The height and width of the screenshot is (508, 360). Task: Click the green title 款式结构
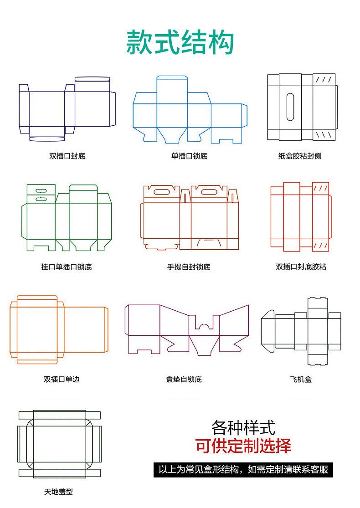click(x=180, y=42)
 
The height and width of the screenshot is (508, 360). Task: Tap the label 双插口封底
click(x=67, y=156)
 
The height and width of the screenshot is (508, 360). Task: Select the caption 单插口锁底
click(x=189, y=156)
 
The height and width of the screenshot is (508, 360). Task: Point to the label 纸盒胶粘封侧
click(x=299, y=156)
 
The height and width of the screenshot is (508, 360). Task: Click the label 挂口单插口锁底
click(x=67, y=267)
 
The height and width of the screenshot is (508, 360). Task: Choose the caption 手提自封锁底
click(x=189, y=267)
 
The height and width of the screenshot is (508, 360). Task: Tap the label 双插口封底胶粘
click(x=301, y=267)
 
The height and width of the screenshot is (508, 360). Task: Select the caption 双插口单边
click(x=62, y=379)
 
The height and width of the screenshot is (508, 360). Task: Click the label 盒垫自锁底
click(x=184, y=379)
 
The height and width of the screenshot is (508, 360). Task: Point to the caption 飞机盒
click(x=301, y=379)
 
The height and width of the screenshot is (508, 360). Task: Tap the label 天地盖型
click(x=58, y=492)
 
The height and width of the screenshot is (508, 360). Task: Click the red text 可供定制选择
click(x=243, y=445)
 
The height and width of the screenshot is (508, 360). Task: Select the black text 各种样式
click(x=243, y=428)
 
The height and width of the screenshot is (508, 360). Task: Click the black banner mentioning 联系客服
click(x=243, y=469)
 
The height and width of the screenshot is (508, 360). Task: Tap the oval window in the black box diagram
click(x=290, y=107)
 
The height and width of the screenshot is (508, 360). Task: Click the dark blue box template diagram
click(x=67, y=109)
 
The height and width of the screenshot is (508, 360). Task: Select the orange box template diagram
click(x=58, y=329)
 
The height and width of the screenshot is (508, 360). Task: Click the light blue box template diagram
click(x=190, y=109)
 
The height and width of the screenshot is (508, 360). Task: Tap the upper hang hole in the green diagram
click(x=41, y=191)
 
